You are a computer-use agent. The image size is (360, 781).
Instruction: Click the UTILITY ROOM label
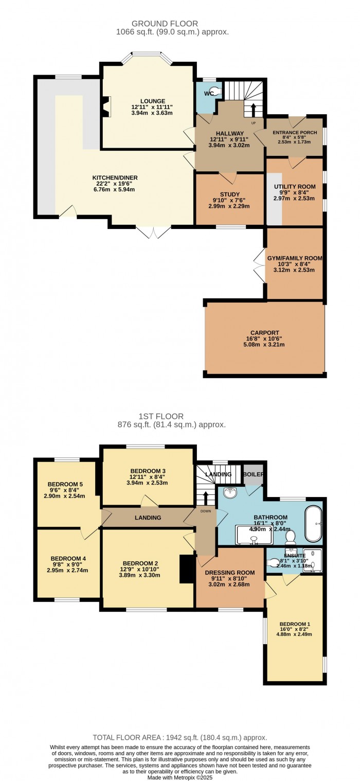pos(295,186)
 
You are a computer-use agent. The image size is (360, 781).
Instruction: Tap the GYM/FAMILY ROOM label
pos(295,258)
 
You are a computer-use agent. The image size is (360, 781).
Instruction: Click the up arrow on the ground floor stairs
pos(253,110)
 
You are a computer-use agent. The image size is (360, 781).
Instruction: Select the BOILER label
pos(253,474)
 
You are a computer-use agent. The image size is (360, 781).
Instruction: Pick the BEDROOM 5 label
pos(65,484)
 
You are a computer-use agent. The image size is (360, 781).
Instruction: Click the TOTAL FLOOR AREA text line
pos(179,737)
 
